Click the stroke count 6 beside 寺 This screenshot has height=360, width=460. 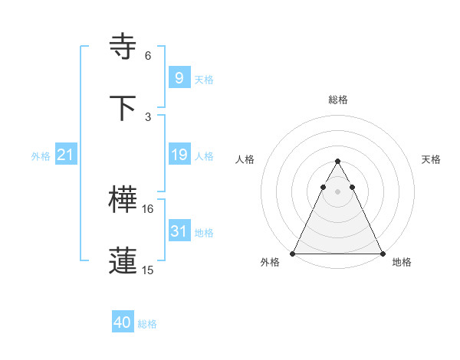pyautogui.click(x=148, y=55)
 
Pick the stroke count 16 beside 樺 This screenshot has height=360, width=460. pyautogui.click(x=148, y=208)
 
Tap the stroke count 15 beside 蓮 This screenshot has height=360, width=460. pyautogui.click(x=148, y=270)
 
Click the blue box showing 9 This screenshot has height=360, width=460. pyautogui.click(x=179, y=78)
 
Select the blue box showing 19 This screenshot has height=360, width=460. pyautogui.click(x=179, y=155)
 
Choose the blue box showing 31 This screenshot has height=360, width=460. pyautogui.click(x=179, y=231)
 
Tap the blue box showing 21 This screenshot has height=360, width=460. pyautogui.click(x=65, y=155)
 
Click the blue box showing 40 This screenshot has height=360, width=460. pyautogui.click(x=122, y=322)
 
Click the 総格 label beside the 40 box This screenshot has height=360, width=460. pyautogui.click(x=147, y=324)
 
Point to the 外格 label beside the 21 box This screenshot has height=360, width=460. pyautogui.click(x=41, y=156)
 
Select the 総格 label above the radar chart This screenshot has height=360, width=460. pyautogui.click(x=338, y=100)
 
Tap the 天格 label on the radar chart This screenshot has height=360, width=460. pyautogui.click(x=432, y=159)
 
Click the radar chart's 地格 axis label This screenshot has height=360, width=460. pyautogui.click(x=402, y=262)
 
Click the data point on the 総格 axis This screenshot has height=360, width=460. pyautogui.click(x=337, y=162)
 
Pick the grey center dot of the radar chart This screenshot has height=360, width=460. pyautogui.click(x=337, y=191)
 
